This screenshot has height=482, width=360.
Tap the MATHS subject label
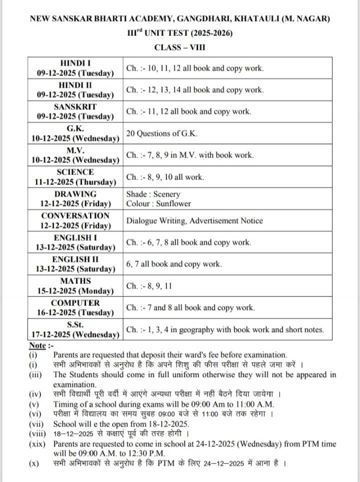pyautogui.click(x=75, y=281)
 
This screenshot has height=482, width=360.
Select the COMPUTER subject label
pyautogui.click(x=75, y=302)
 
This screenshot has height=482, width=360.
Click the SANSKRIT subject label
pyautogui.click(x=75, y=106)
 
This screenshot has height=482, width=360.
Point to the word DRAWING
pyautogui.click(x=75, y=194)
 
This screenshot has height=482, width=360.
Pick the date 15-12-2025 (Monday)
pyautogui.click(x=75, y=291)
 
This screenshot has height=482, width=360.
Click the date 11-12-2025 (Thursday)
pyautogui.click(x=75, y=182)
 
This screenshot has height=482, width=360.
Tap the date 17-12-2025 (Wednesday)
pyautogui.click(x=75, y=334)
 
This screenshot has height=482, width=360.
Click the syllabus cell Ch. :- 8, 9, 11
pyautogui.click(x=149, y=286)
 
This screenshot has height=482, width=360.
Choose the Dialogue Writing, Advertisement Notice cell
pyautogui.click(x=194, y=220)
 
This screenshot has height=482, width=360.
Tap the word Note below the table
pyautogui.click(x=37, y=345)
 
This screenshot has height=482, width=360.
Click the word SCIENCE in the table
pyautogui.click(x=75, y=172)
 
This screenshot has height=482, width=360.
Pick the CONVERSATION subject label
pyautogui.click(x=75, y=215)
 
